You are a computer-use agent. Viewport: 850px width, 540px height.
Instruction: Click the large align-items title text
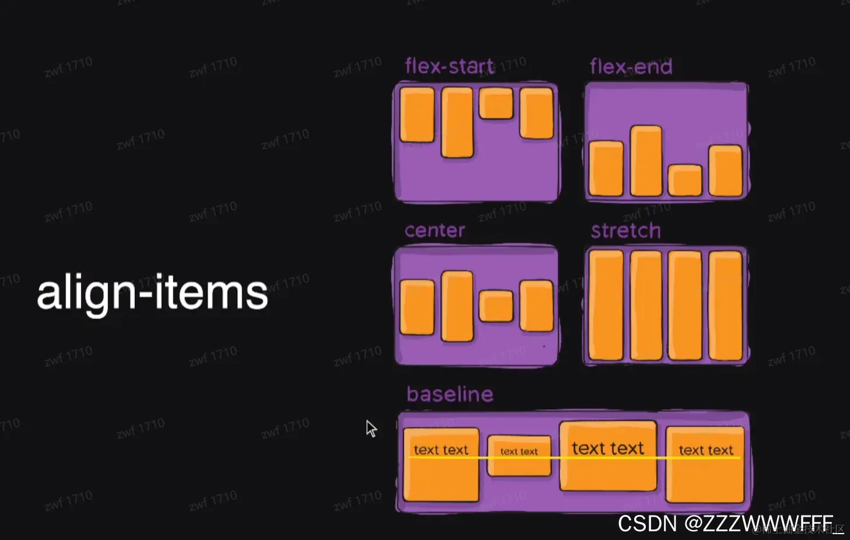pyautogui.click(x=152, y=293)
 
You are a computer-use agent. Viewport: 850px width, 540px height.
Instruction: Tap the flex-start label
pyautogui.click(x=449, y=66)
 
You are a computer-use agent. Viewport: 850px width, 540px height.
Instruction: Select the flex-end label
pyautogui.click(x=631, y=67)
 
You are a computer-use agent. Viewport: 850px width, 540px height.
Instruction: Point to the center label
pyautogui.click(x=435, y=230)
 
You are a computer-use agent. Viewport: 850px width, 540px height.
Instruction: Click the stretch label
pyautogui.click(x=625, y=231)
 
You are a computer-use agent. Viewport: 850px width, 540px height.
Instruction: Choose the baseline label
pyautogui.click(x=450, y=394)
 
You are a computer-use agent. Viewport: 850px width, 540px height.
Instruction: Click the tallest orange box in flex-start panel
pyautogui.click(x=457, y=122)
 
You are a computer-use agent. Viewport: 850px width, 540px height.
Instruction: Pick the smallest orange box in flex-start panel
pyautogui.click(x=496, y=103)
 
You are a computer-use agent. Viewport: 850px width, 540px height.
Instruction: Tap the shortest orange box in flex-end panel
pyautogui.click(x=684, y=180)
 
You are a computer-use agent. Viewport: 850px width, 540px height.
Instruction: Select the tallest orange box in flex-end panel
pyautogui.click(x=646, y=161)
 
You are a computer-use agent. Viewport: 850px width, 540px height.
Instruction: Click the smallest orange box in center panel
pyautogui.click(x=496, y=306)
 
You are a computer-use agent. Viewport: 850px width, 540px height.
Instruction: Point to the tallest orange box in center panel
pyautogui.click(x=457, y=306)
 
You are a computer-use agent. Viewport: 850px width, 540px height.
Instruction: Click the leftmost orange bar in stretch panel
pyautogui.click(x=606, y=306)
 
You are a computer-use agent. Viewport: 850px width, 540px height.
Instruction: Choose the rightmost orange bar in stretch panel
pyautogui.click(x=725, y=306)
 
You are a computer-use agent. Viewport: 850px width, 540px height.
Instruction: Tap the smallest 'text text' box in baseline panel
pyautogui.click(x=519, y=455)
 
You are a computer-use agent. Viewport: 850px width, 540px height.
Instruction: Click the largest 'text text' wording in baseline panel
pyautogui.click(x=608, y=448)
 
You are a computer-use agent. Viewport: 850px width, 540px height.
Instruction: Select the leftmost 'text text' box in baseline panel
pyautogui.click(x=441, y=465)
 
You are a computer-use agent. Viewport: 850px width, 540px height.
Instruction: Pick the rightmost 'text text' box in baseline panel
pyautogui.click(x=705, y=465)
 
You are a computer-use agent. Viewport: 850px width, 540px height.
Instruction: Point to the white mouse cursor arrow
pyautogui.click(x=370, y=428)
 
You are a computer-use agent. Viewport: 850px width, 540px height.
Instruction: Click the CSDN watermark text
pyautogui.click(x=725, y=524)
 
